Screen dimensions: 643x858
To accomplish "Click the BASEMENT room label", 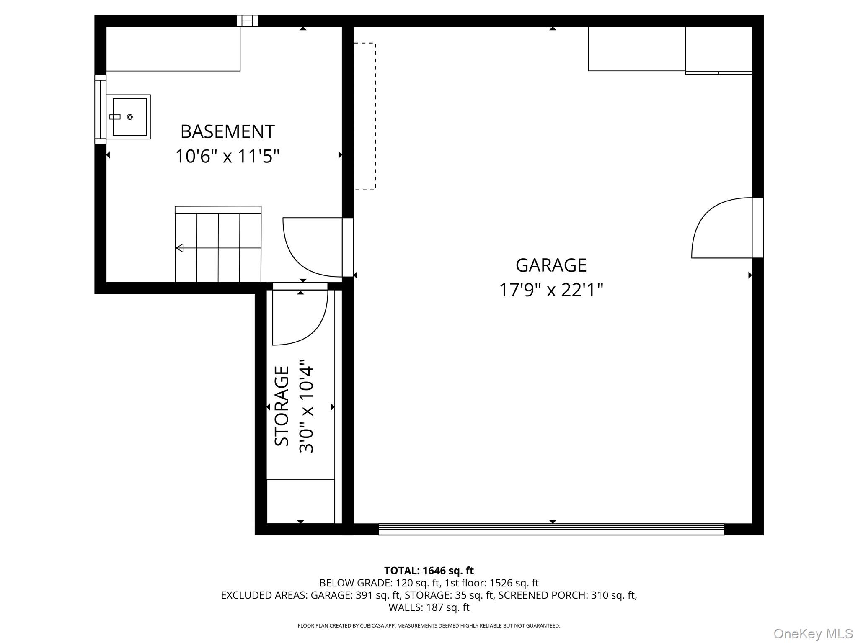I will pos(227,132).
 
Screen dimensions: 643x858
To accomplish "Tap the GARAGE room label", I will pos(550,265).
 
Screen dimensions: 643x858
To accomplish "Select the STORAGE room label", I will pos(282,406).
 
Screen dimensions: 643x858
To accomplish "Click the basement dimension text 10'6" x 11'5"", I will pos(227,157).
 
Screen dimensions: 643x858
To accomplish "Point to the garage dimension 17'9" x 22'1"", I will pos(550,290).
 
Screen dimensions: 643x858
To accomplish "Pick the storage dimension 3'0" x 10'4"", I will pos(306,406).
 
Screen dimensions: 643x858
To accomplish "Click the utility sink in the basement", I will pos(129,117).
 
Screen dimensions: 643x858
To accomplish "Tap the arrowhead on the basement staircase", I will pos(180,248).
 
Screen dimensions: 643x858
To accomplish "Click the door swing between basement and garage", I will pos(312,247).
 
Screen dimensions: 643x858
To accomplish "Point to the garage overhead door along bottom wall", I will pos(551,529).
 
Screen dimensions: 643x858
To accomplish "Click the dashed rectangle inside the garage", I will pos(365,116).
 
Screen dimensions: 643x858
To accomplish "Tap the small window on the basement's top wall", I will pos(247,21).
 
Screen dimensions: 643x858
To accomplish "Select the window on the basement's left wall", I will pos(100,109).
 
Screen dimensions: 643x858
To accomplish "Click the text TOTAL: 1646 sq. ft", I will pos(429,571).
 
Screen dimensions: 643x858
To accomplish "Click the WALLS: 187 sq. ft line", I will pos(429,607).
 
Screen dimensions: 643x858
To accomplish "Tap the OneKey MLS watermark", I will pos(813,634).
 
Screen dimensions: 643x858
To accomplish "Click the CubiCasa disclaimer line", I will pos(429,626).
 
